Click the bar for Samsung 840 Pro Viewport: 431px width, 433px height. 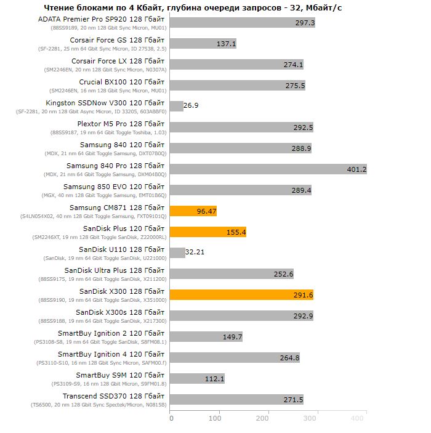click(268, 169)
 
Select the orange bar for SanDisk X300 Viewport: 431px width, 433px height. click(241, 294)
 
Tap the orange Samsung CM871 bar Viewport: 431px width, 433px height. click(193, 211)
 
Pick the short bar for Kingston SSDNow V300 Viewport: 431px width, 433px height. click(177, 107)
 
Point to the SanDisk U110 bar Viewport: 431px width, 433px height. click(177, 253)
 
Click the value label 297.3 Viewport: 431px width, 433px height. click(305, 23)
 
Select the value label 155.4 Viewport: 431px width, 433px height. click(236, 232)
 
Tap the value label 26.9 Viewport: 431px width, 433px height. click(191, 105)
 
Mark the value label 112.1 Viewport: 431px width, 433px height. click(214, 379)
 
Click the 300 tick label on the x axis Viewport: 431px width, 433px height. click(310, 418)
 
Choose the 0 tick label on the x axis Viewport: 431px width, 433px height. click(171, 418)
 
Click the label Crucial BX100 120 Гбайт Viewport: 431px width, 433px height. click(122, 82)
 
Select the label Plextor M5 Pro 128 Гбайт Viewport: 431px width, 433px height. click(121, 124)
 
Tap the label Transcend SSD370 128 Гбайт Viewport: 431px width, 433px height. click(113, 396)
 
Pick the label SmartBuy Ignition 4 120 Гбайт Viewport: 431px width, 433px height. click(111, 354)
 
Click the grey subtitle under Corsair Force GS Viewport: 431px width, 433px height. click(102, 49)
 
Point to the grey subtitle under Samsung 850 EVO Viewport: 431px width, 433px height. click(104, 195)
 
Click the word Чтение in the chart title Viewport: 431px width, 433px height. click(59, 8)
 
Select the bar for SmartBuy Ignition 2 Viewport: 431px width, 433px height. click(206, 337)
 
